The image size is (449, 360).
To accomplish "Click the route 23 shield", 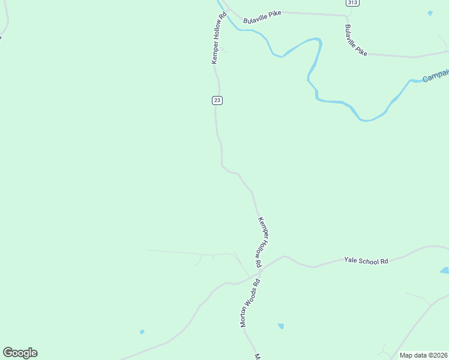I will [x=217, y=100].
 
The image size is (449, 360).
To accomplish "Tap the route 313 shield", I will [x=352, y=3].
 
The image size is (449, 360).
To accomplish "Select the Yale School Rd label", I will [x=366, y=260].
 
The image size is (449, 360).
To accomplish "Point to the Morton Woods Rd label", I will [x=250, y=303].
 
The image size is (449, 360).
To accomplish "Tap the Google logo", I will [x=20, y=353].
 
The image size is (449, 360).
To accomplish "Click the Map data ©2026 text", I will [x=424, y=355].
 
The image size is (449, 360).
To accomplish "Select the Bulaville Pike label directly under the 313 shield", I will [x=356, y=40].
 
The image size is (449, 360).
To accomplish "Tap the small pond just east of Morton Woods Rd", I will [x=280, y=326].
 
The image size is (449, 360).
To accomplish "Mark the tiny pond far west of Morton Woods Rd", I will [x=142, y=331].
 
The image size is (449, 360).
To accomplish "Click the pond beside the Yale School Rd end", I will [x=445, y=271].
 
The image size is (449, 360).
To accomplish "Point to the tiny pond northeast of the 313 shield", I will [x=430, y=13].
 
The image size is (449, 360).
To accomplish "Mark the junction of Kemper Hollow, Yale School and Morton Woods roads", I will [x=260, y=271].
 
